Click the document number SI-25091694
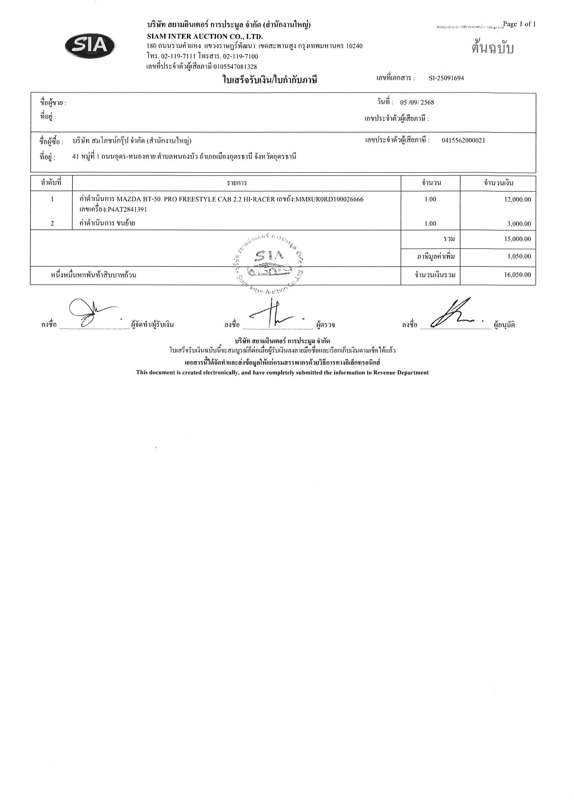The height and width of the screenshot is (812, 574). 446,78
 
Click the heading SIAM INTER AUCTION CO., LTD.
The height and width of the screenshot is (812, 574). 205,37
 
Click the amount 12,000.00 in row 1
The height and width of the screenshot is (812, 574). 517,200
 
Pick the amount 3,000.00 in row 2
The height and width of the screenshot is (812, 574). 519,224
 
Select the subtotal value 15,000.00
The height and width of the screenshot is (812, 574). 517,239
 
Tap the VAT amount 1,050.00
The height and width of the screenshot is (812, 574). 519,256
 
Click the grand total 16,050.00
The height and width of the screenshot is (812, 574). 517,275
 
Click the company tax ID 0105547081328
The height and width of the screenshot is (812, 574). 235,66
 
